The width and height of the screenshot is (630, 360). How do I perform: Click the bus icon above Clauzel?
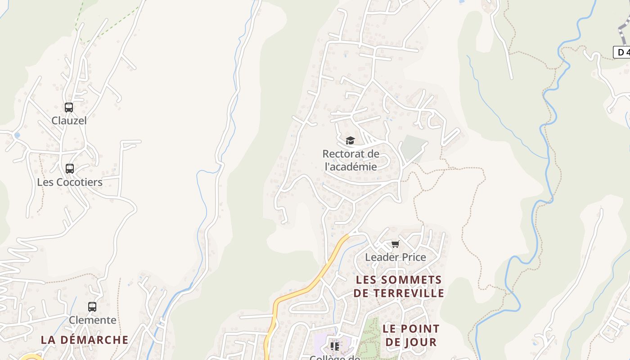point(68,108)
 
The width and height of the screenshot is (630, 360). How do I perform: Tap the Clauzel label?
point(69,121)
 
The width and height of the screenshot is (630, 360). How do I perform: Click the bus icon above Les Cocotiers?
point(69,169)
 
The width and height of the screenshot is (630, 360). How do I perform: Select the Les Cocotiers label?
point(70,182)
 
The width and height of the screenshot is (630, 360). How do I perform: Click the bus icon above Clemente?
point(92,307)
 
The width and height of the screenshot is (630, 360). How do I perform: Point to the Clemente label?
point(92,320)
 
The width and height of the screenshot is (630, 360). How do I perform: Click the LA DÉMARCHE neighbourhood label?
point(85,340)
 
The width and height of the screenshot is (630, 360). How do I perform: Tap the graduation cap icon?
point(350,140)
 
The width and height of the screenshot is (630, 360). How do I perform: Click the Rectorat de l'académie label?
point(351,160)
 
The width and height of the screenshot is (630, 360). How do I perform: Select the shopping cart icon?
point(395,244)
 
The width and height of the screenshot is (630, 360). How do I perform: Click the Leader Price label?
point(395,257)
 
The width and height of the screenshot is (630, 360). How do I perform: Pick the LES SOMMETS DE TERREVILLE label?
point(399,287)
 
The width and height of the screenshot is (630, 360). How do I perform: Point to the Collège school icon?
point(334,346)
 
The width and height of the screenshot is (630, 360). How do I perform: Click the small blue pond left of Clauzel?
point(17,135)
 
